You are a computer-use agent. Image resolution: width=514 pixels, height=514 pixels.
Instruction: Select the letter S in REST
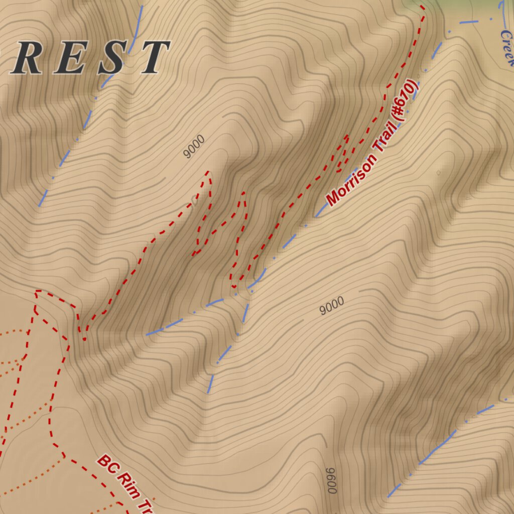(111, 58)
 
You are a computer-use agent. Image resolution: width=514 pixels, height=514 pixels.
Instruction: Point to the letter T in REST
(153, 57)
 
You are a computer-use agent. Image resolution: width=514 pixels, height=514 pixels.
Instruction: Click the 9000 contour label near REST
(194, 147)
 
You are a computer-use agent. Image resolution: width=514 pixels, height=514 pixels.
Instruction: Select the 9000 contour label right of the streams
(332, 305)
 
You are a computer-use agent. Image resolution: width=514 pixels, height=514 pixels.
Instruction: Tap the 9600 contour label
(331, 480)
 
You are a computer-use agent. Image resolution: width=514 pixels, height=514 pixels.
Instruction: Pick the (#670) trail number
(405, 101)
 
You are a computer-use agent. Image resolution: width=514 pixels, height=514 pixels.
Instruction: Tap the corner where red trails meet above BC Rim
(37, 291)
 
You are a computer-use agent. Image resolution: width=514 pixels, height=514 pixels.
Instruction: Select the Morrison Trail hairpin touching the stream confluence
(234, 287)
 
